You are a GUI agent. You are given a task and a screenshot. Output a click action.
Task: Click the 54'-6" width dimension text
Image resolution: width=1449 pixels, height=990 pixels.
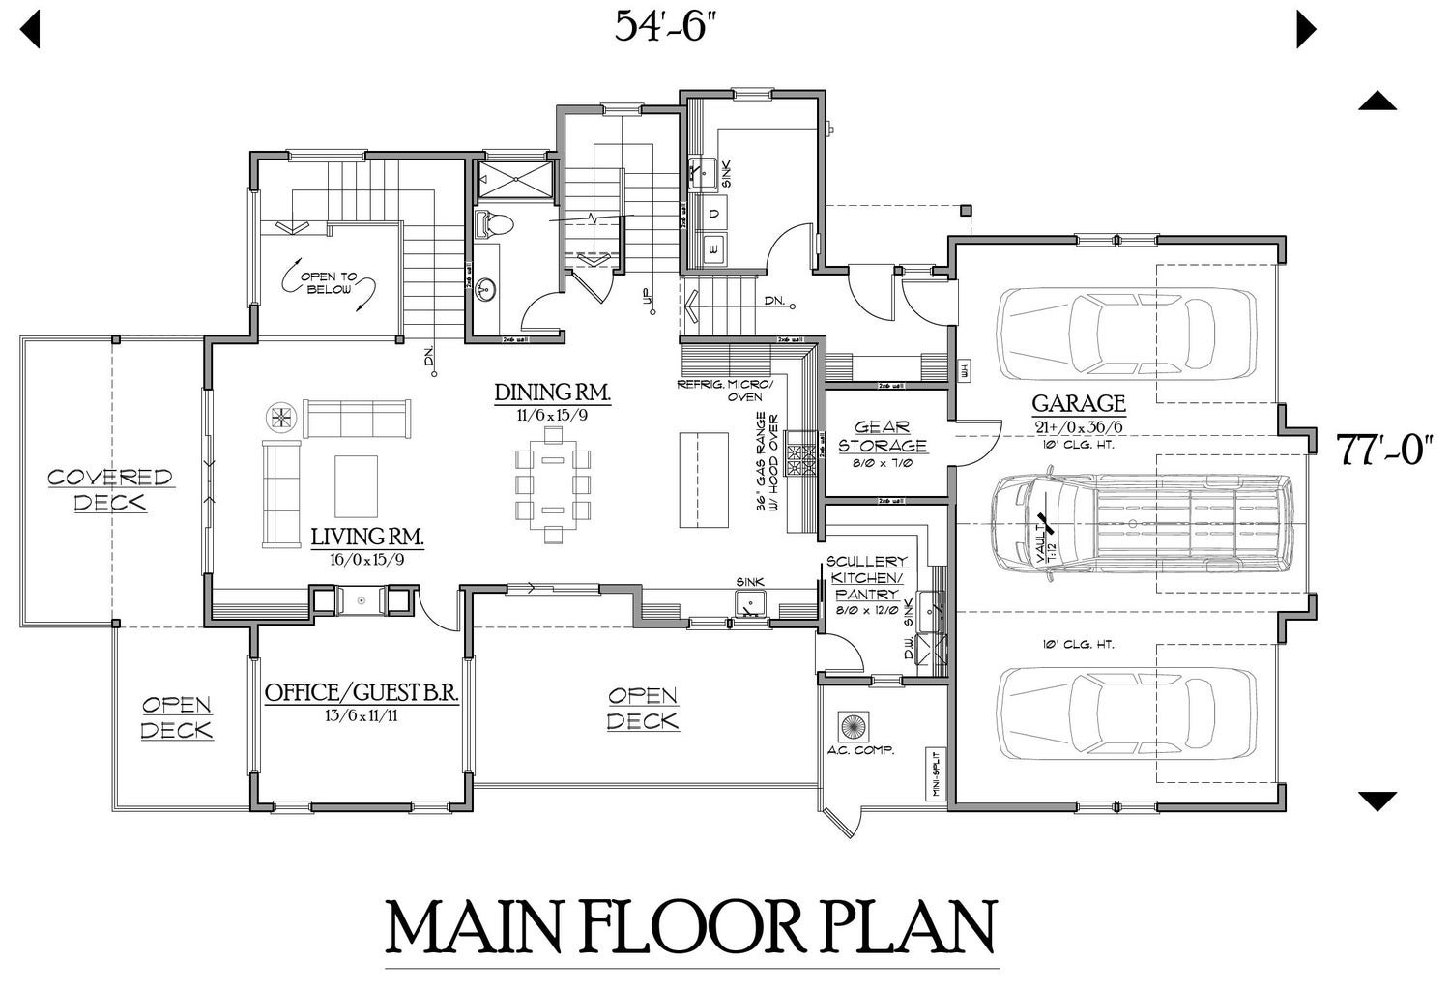(670, 27)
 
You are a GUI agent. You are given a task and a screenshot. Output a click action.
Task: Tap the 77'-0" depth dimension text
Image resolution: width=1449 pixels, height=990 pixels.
(1382, 451)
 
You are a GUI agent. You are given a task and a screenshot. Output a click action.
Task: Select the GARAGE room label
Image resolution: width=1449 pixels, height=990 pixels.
(1078, 403)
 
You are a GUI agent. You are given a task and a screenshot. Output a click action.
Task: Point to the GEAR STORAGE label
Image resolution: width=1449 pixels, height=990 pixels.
(882, 437)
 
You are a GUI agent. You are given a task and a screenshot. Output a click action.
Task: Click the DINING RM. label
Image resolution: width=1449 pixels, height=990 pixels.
(552, 393)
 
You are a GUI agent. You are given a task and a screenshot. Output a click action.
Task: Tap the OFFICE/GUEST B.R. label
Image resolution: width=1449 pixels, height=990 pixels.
(361, 693)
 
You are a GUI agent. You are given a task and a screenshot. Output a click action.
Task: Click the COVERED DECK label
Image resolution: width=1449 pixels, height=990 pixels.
(110, 489)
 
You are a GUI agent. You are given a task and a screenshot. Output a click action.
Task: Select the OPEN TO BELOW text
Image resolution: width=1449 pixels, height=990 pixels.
(330, 283)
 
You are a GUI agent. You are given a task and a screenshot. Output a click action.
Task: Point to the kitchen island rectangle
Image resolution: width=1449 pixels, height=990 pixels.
(703, 480)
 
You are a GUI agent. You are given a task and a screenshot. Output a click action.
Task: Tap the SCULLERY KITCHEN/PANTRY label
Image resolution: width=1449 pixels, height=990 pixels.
(866, 577)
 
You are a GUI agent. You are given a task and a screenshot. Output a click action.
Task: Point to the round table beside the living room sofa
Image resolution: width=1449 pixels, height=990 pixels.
(280, 417)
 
